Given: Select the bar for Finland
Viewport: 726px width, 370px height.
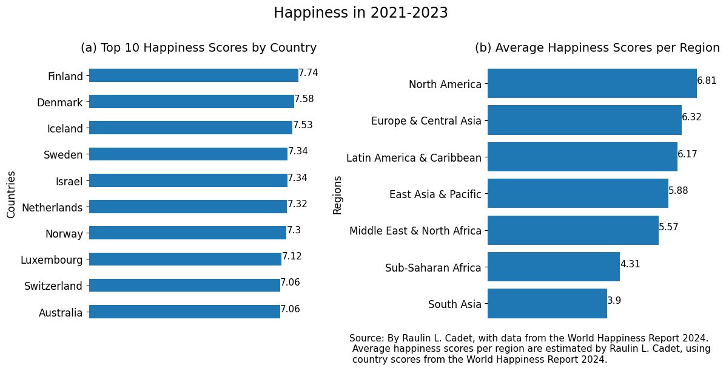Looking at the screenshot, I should click(193, 75).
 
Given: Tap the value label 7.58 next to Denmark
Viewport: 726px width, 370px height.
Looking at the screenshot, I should click(304, 99).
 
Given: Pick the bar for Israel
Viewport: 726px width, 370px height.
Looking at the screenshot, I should click(188, 180).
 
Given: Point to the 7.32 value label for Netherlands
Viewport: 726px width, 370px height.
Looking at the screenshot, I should click(297, 204).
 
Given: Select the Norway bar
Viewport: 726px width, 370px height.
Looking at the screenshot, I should click(187, 233).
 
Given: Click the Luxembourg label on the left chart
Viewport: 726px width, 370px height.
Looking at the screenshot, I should click(52, 260).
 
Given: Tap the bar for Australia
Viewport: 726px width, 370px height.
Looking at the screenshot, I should click(184, 312).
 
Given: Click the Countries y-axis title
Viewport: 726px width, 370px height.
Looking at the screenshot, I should click(11, 194).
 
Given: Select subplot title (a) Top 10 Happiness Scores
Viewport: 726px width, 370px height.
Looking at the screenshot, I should click(198, 48).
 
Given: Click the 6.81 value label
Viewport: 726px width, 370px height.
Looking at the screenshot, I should click(707, 80).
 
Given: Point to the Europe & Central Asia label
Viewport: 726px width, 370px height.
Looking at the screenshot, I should click(426, 121).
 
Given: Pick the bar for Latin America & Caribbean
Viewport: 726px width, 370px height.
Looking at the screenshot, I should click(582, 157).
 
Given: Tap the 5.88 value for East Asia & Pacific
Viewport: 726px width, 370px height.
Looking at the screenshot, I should click(678, 190).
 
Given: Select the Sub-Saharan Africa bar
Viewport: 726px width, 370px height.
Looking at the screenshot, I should click(553, 267).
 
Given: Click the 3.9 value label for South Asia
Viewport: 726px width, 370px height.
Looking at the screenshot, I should click(614, 301).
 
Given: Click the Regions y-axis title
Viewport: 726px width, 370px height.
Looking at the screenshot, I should click(338, 194).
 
